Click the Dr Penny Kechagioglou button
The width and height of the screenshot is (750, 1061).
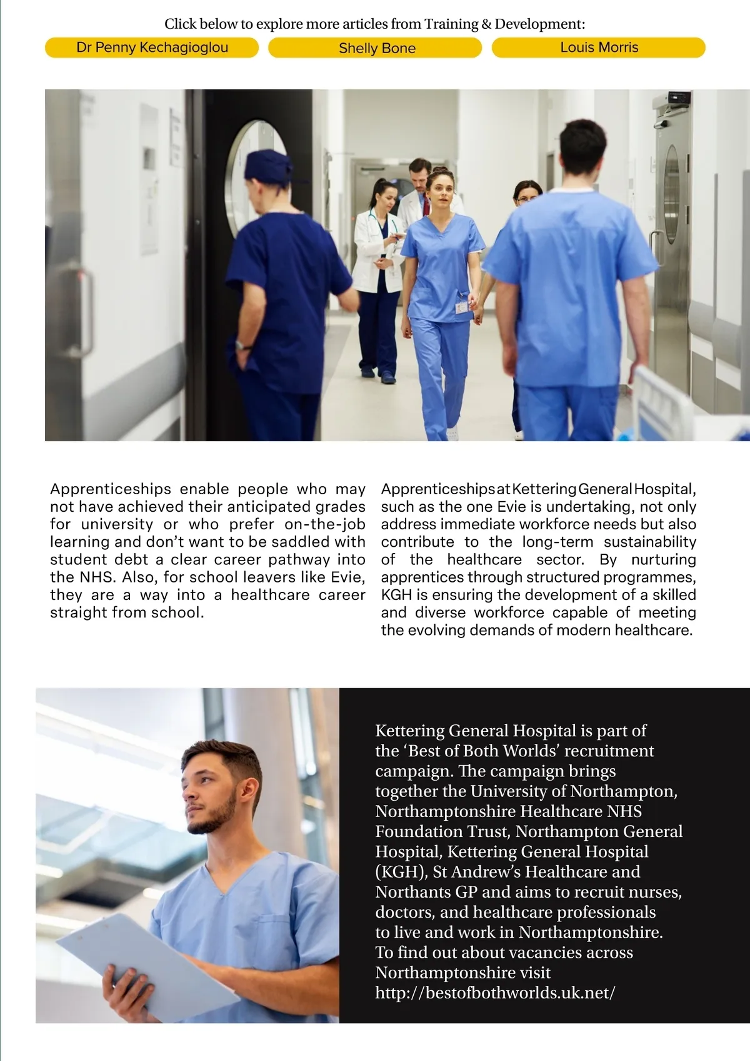152,48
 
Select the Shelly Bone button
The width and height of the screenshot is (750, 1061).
376,48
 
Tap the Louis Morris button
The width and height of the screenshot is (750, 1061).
599,48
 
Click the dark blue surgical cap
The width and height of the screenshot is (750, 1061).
267,165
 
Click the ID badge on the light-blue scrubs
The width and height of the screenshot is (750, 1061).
461,307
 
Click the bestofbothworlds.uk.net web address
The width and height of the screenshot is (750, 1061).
495,993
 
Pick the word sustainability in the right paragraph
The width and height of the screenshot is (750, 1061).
649,542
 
